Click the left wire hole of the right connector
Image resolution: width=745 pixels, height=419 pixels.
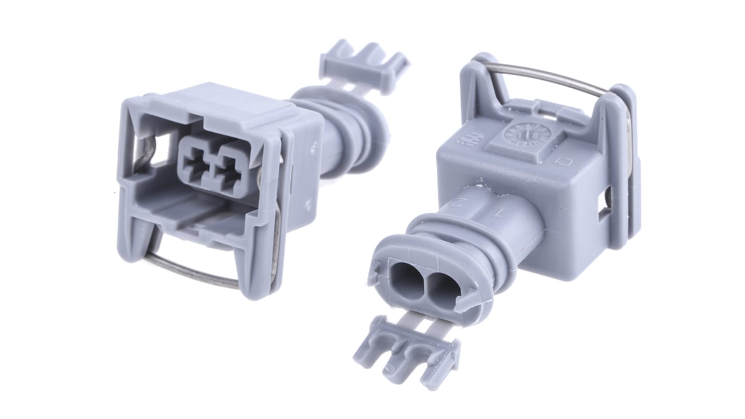406,279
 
